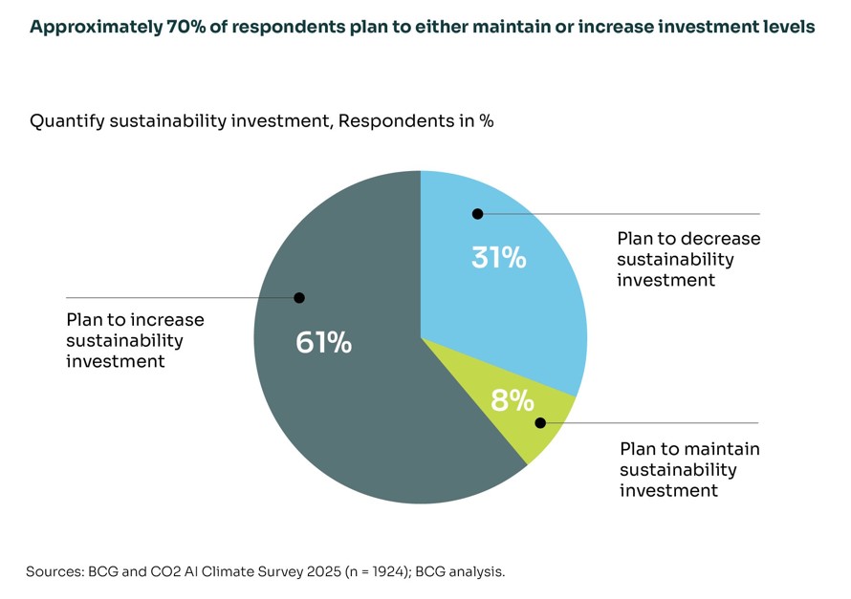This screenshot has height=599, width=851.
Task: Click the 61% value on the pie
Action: pos(323,342)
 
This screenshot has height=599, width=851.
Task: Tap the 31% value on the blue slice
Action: pos(498,257)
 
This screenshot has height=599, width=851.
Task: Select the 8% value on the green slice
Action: pos(512,400)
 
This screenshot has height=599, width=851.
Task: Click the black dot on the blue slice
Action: pos(477,214)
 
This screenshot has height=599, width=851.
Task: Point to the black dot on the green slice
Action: pos(540,422)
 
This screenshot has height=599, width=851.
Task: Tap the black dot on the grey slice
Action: pos(299,298)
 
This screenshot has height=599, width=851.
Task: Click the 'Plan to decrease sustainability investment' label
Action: pos(688,259)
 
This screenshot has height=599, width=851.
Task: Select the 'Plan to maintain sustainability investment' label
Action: pos(689,469)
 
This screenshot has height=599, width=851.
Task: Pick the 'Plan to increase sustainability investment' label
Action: pos(135,340)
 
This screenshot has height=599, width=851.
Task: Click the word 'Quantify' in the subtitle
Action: pos(67,121)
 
